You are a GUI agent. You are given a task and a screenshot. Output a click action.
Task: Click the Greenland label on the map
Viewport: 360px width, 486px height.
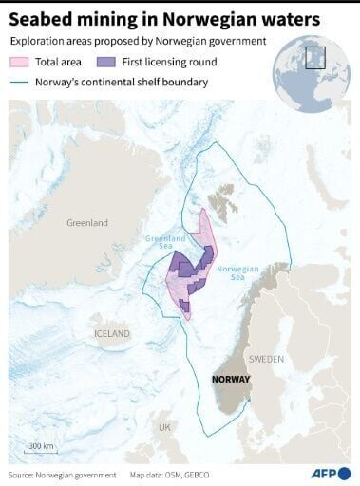coord(86,222)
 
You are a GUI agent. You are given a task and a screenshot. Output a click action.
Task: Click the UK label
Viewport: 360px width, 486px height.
coord(165,427)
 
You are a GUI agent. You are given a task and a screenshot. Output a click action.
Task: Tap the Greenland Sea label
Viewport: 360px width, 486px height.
coord(165,244)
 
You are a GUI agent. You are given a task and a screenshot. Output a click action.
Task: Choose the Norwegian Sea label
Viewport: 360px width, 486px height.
coord(238,274)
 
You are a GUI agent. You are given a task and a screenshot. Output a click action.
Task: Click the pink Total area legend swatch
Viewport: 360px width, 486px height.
coord(21,62)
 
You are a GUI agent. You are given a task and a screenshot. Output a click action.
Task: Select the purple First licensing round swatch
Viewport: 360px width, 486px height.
coord(108,62)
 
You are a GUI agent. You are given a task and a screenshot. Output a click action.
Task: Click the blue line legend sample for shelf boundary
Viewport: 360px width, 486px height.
coord(21,83)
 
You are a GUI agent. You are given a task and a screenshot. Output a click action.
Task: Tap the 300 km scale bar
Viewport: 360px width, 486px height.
coord(40,451)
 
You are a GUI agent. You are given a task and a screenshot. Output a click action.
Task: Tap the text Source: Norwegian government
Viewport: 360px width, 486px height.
coord(62,474)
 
